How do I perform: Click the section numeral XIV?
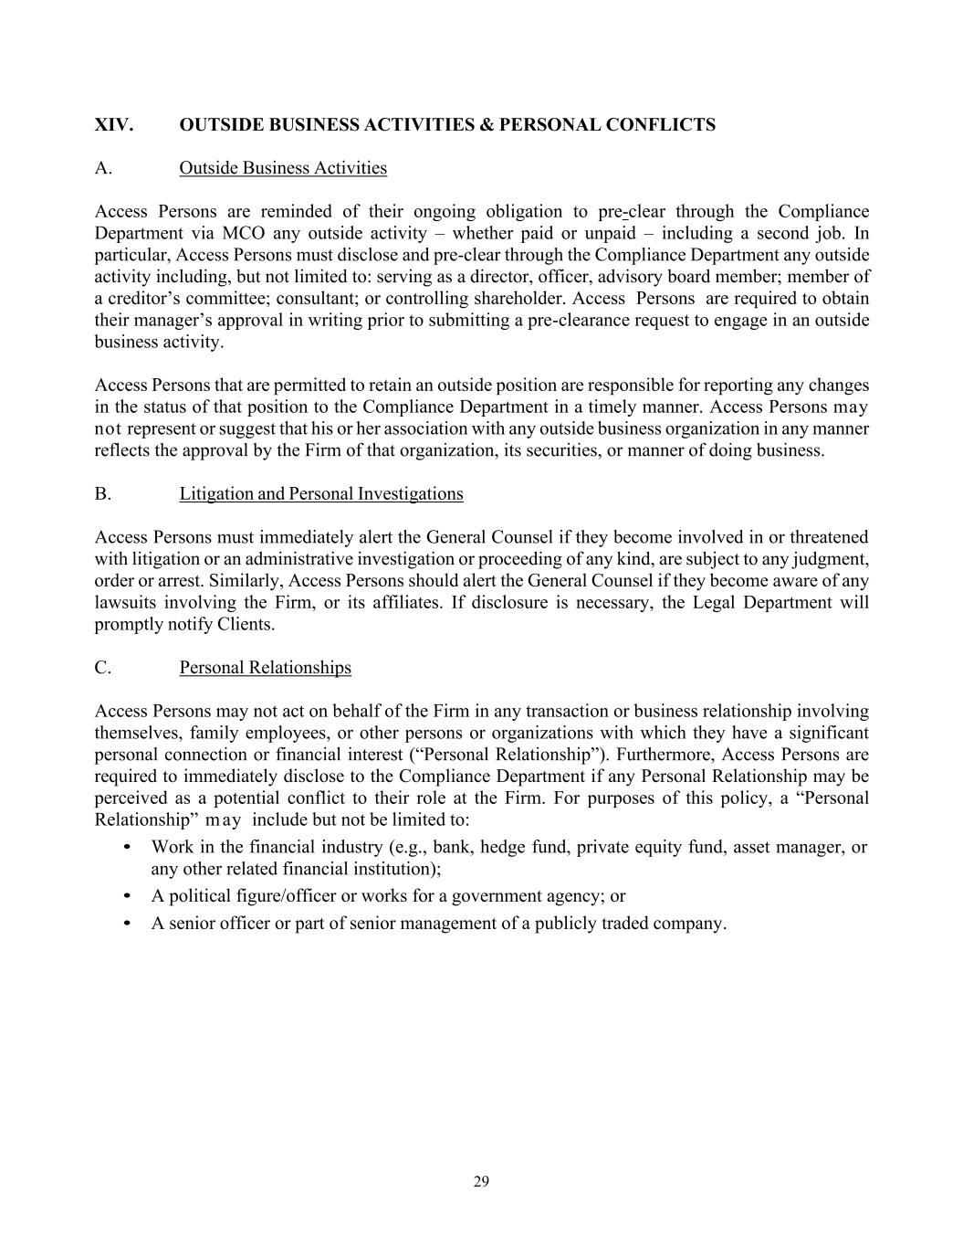[113, 125]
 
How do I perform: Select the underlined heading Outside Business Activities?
[283, 168]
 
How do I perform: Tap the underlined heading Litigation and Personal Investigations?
[321, 494]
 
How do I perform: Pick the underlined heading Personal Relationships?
[265, 668]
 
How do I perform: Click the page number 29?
[482, 1182]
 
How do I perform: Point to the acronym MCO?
[243, 234]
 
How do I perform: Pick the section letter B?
[102, 494]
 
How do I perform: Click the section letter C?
[102, 668]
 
